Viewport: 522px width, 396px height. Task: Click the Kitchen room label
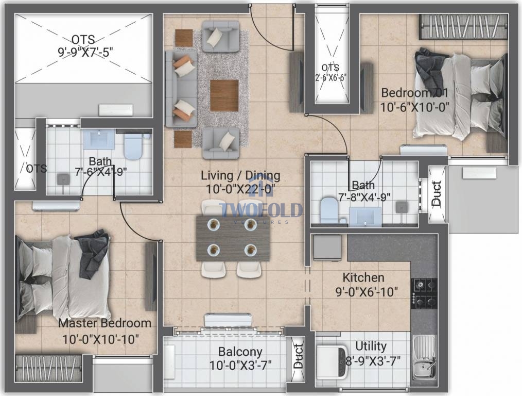(363, 277)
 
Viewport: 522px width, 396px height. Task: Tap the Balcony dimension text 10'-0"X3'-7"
(240, 365)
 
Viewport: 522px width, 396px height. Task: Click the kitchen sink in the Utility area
(424, 358)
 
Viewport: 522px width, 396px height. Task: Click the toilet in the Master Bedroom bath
(133, 146)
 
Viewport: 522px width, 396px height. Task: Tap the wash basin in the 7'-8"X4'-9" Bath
(365, 217)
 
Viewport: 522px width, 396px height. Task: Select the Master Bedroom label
(105, 323)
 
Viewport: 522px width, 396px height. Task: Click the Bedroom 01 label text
(414, 92)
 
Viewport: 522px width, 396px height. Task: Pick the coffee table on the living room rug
(224, 95)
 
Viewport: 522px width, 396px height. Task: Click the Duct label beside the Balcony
(298, 357)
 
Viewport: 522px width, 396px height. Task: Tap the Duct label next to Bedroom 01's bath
(436, 193)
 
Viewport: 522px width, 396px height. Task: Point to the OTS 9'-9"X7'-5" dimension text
(85, 52)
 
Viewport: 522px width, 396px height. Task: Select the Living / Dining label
(241, 175)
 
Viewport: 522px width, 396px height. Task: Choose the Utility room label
(371, 346)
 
